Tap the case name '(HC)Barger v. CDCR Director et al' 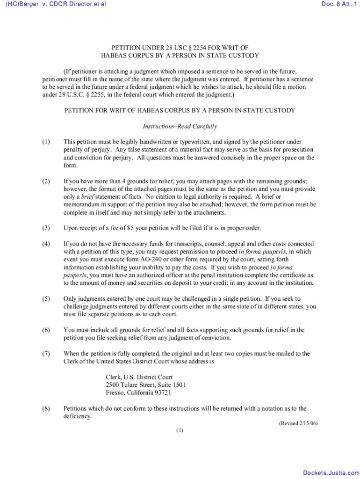(56, 4)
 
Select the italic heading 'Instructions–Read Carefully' (180, 126)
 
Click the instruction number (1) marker (46, 142)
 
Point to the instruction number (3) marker (46, 228)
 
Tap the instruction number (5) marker (46, 298)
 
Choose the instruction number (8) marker (46, 408)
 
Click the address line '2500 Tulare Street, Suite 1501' (146, 385)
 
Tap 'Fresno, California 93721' (138, 393)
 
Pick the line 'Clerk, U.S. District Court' (139, 377)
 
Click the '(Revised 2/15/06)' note (298, 423)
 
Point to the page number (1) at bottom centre (180, 430)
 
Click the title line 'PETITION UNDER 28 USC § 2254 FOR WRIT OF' (180, 48)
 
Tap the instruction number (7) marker (46, 354)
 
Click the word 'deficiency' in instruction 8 (77, 416)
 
